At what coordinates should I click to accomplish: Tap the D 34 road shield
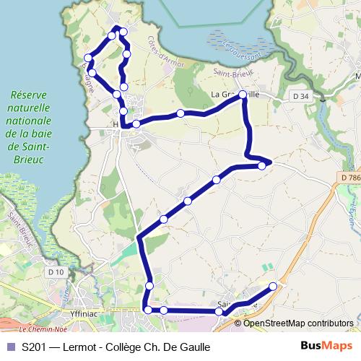300,96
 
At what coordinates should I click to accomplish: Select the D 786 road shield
349,178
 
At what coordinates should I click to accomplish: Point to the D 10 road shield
56,272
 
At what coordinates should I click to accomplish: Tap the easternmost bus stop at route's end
273,287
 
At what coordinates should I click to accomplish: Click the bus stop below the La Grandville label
243,103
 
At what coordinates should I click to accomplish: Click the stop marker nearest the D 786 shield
261,166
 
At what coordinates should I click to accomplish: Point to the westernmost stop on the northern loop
88,58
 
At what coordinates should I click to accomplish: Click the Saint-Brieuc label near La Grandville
232,72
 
